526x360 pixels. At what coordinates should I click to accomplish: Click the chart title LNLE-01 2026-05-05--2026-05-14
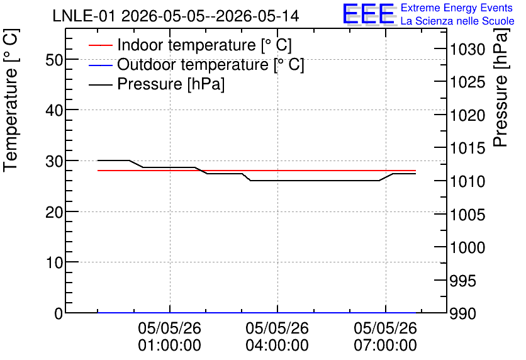click(176, 16)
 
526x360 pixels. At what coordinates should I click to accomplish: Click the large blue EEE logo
click(369, 14)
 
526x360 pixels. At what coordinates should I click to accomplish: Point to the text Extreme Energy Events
click(457, 8)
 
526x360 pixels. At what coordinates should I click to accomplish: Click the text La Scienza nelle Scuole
click(457, 21)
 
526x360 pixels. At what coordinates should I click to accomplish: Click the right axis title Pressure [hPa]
click(500, 87)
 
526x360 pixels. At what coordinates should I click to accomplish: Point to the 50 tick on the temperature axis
click(54, 60)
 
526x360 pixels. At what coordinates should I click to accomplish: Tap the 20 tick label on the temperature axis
click(54, 212)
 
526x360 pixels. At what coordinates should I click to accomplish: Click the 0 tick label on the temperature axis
click(59, 313)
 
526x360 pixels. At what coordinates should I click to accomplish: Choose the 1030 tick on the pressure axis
click(467, 50)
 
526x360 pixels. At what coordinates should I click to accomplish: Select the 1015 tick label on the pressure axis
click(467, 149)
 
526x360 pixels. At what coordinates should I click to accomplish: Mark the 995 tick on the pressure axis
click(462, 281)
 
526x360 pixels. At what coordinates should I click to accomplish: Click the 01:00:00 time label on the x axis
click(170, 346)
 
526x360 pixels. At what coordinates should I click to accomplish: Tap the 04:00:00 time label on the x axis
click(277, 346)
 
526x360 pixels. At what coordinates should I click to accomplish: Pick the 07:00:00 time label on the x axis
click(386, 346)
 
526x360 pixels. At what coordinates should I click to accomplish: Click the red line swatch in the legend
click(100, 45)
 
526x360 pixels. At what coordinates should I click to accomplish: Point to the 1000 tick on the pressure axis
click(467, 247)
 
